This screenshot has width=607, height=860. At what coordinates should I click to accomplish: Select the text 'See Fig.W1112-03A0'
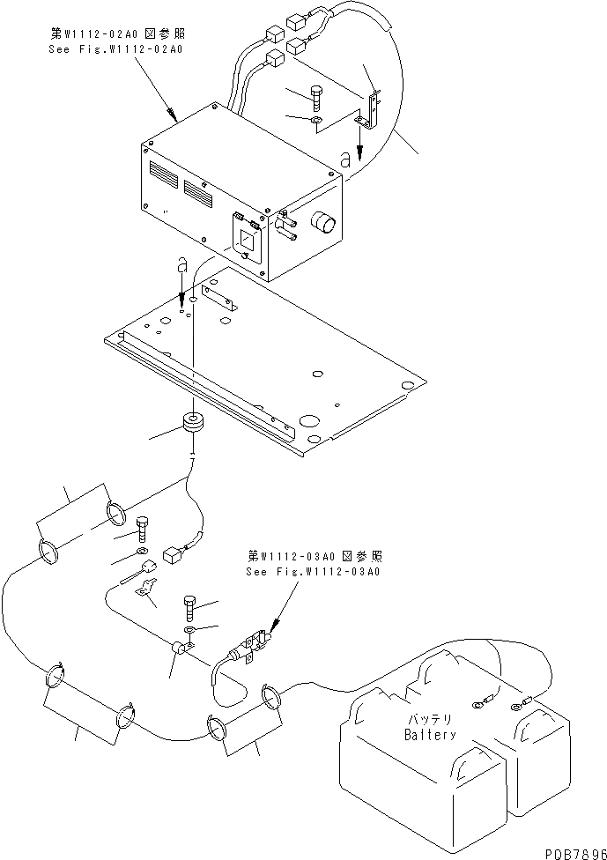[x=315, y=571]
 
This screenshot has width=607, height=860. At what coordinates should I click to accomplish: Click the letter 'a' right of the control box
[x=344, y=159]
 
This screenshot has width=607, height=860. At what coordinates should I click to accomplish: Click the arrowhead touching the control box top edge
[x=174, y=115]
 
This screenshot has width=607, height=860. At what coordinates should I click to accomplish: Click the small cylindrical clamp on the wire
[x=180, y=650]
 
